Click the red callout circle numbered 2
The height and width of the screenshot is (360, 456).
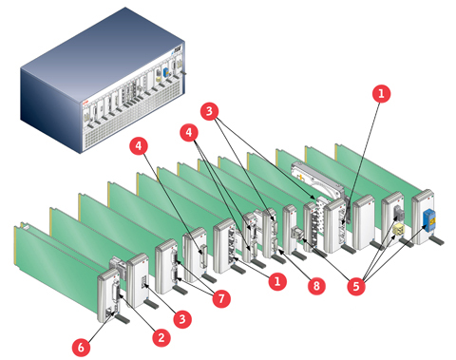(161, 337)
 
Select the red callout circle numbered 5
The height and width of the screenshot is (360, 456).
(356, 286)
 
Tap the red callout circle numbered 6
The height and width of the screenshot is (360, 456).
(81, 347)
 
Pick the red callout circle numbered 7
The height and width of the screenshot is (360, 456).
(221, 298)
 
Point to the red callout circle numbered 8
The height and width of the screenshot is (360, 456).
(316, 286)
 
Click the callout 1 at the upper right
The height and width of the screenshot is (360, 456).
(381, 93)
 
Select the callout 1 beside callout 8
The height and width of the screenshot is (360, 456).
(277, 281)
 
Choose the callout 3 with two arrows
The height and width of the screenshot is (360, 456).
(209, 111)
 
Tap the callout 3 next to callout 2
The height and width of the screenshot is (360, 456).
(182, 319)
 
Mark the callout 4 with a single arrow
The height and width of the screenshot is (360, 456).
(139, 145)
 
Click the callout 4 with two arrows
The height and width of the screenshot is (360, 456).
(189, 132)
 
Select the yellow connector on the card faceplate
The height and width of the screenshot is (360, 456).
(398, 230)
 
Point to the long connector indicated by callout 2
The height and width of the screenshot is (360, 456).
(117, 290)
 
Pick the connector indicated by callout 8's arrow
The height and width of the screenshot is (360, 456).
(275, 246)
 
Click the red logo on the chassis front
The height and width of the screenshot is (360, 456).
(85, 103)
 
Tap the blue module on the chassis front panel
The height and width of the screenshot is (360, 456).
(165, 72)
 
